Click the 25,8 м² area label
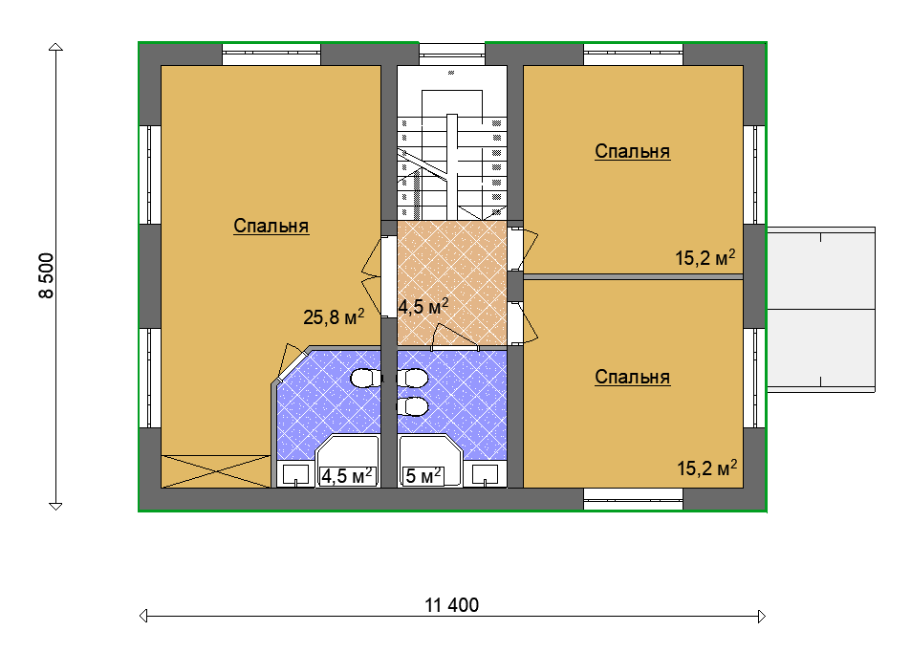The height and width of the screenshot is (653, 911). [x=334, y=316]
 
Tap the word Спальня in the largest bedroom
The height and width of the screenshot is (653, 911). [x=271, y=226]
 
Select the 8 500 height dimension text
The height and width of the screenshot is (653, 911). [x=47, y=276]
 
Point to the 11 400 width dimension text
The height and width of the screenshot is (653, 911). [x=452, y=605]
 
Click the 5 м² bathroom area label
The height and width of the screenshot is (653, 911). [x=423, y=476]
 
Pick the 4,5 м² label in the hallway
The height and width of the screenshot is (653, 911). [x=423, y=306]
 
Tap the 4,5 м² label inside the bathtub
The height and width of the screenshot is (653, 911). [x=347, y=476]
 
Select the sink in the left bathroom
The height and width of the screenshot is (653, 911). [x=295, y=474]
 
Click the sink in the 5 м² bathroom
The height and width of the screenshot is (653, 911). [x=485, y=474]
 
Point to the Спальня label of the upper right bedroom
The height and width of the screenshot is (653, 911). [x=633, y=151]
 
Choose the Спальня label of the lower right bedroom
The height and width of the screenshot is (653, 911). [x=633, y=377]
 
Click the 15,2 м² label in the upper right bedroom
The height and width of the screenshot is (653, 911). [x=705, y=257]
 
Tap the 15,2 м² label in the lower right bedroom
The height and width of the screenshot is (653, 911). [x=707, y=468]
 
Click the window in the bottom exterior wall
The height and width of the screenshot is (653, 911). [x=633, y=499]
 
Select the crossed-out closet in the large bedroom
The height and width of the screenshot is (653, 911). [x=216, y=471]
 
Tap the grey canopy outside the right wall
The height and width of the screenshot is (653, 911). [x=821, y=310]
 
